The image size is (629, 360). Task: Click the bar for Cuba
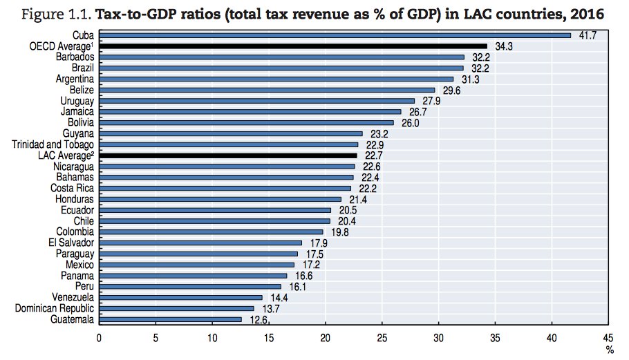[335, 35]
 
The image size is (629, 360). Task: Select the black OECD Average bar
[293, 46]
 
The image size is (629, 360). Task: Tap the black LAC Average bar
[228, 156]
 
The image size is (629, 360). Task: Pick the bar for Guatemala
[171, 319]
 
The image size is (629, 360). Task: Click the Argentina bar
[276, 79]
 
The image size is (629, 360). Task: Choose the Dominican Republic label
[55, 308]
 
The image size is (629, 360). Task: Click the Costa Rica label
[73, 188]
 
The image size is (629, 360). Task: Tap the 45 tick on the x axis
[608, 338]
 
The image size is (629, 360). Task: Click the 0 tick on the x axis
[100, 338]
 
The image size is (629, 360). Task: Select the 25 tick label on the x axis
[382, 338]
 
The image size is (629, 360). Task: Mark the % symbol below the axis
[610, 350]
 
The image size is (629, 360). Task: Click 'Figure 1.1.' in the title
[48, 12]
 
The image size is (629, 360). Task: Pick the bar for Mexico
[197, 265]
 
